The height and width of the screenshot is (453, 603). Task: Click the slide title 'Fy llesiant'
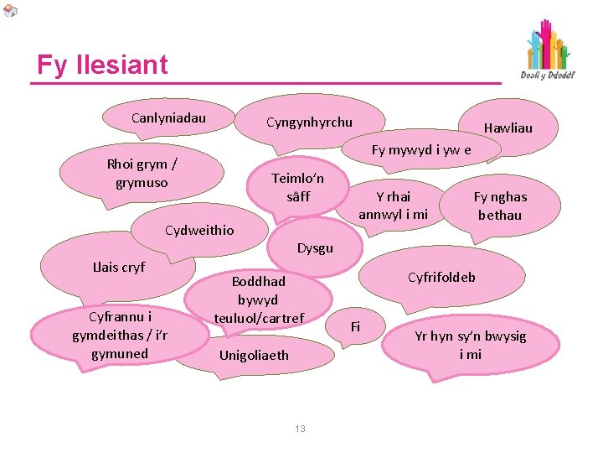point(102,65)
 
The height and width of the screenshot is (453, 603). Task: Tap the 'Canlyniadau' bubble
point(168,117)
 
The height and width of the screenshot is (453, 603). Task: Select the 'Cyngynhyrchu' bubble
point(309,122)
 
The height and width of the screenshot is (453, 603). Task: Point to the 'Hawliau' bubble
point(508,128)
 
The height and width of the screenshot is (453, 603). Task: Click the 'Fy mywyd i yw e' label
point(421,150)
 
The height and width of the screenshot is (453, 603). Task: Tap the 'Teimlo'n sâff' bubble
point(296,187)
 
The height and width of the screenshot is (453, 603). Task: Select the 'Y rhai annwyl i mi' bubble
point(393,205)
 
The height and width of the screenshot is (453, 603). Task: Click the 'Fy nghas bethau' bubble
point(500,206)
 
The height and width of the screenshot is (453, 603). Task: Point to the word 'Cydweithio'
point(199,230)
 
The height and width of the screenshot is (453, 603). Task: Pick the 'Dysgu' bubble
point(315,247)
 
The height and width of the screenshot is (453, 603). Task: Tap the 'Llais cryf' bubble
point(118,267)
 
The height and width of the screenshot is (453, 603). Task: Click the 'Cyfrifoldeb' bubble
point(441,277)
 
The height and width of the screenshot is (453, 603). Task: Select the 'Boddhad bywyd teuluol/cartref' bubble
point(259,299)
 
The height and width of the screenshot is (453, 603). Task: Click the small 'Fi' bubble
point(355,325)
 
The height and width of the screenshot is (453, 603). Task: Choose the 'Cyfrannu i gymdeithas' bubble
point(121,335)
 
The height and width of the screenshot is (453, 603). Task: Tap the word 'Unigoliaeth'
point(253,355)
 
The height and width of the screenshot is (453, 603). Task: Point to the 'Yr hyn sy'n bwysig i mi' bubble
point(470,344)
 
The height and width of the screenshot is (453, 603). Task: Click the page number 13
point(300,429)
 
